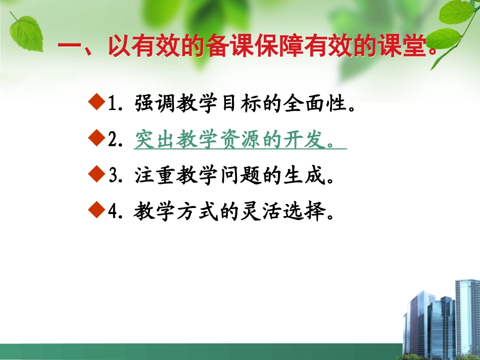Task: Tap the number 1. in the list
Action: pos(116,105)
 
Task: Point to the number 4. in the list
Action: pos(116,213)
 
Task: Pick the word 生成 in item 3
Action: pos(301,177)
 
